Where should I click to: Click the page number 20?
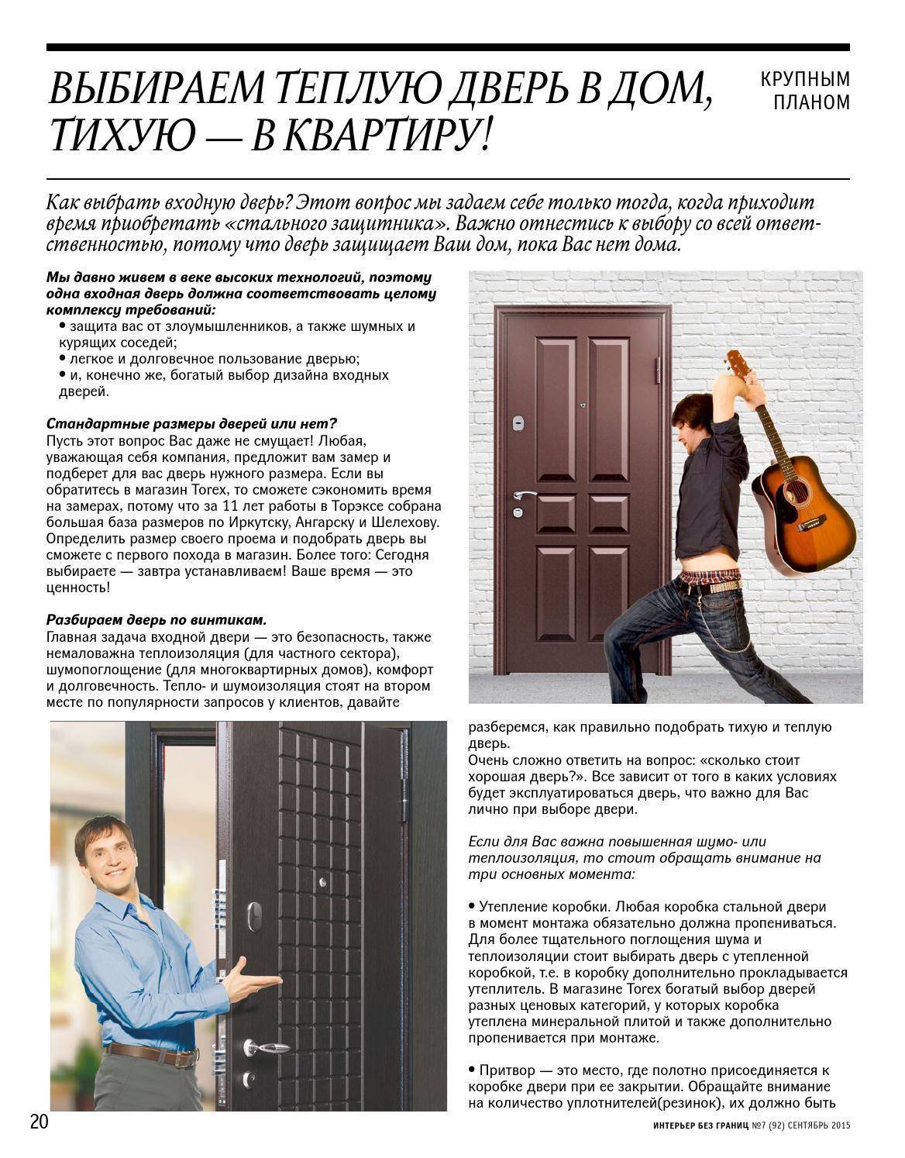(40, 1122)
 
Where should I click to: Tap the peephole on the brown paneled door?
(583, 405)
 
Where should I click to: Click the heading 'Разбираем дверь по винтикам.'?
(157, 620)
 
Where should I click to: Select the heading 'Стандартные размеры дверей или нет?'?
(191, 424)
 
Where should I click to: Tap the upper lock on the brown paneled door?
(518, 423)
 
